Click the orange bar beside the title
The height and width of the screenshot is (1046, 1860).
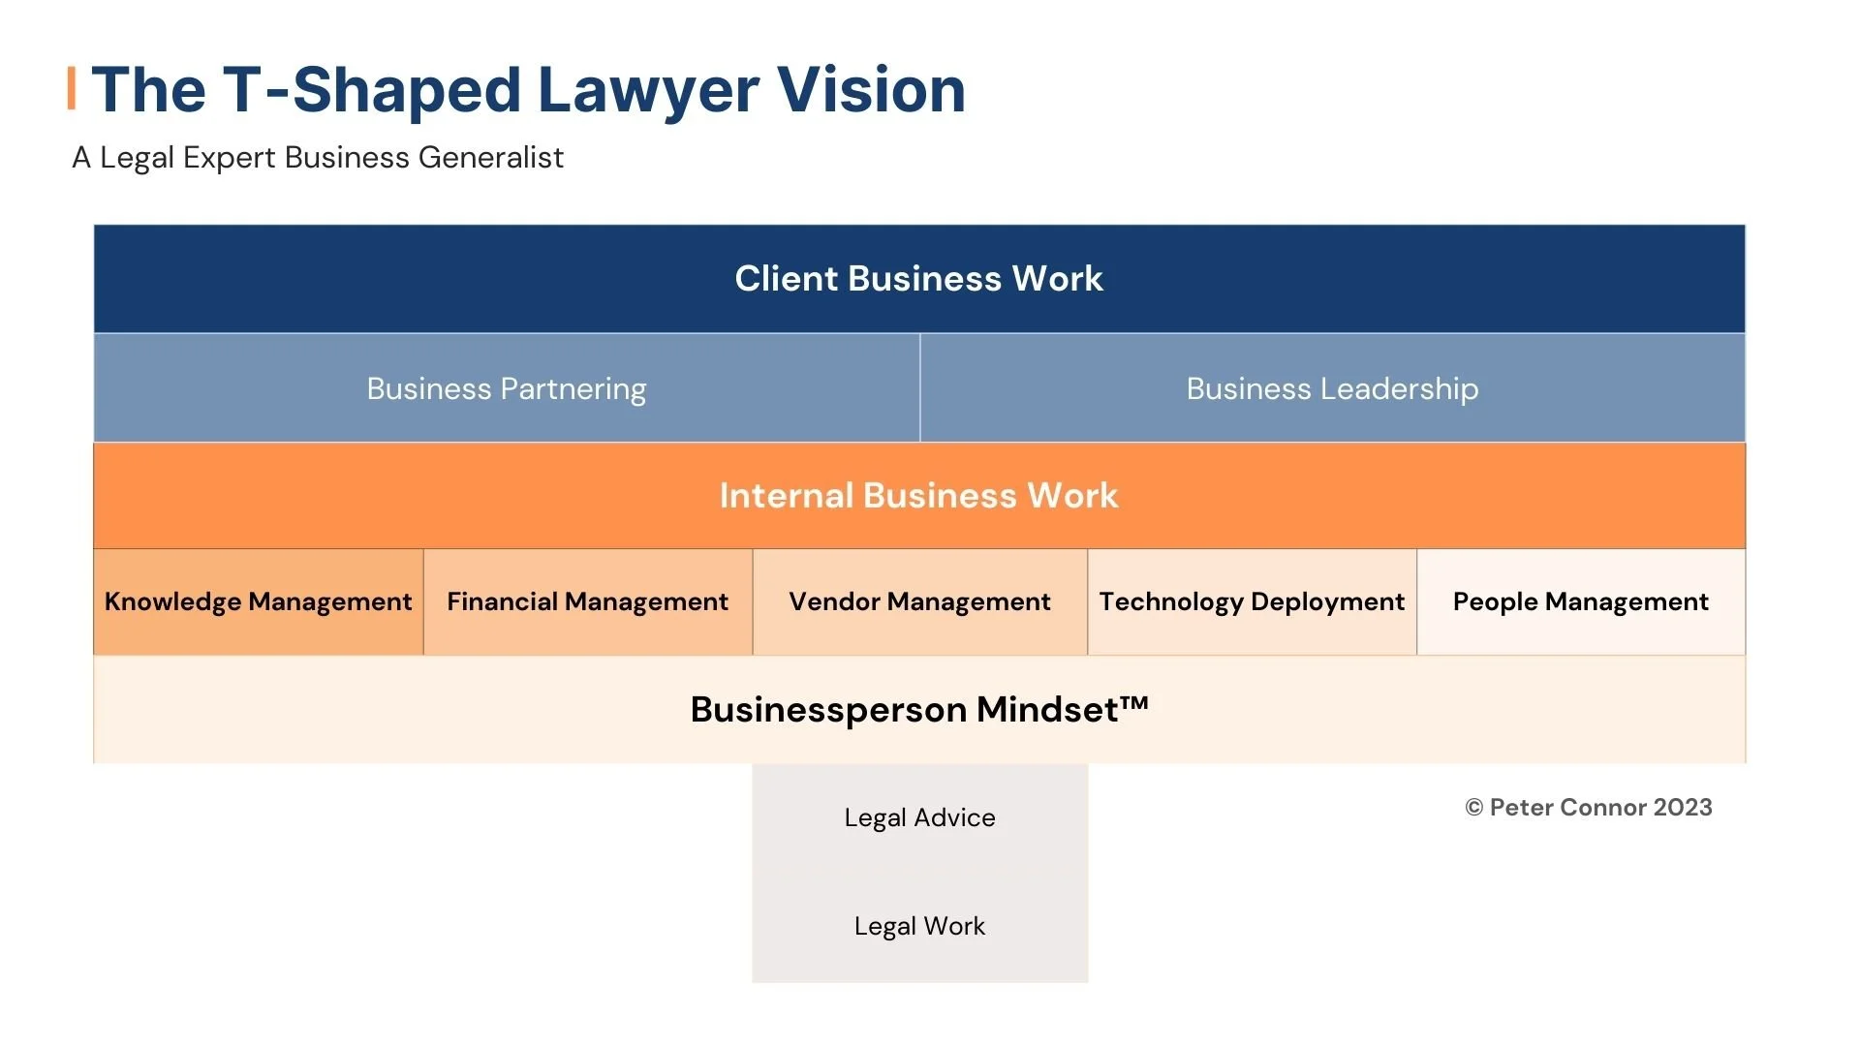(72, 88)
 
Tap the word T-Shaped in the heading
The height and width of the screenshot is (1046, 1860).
(372, 90)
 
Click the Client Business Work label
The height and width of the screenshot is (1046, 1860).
(918, 279)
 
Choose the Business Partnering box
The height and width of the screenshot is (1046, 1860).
(506, 388)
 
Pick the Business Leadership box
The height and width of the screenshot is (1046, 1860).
(1332, 388)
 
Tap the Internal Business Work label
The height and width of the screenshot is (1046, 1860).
(918, 496)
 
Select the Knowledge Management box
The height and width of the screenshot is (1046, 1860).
(258, 601)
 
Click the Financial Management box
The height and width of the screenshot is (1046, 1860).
(587, 601)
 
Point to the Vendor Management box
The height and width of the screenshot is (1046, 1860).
(919, 601)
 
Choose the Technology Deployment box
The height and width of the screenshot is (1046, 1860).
(1252, 601)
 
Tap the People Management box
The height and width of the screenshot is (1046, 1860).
(1580, 601)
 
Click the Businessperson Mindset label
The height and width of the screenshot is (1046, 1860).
(906, 710)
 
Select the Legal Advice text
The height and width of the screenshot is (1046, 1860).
(919, 817)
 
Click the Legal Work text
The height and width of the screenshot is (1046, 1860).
(919, 926)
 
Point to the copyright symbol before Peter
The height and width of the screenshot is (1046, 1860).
(1473, 808)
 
